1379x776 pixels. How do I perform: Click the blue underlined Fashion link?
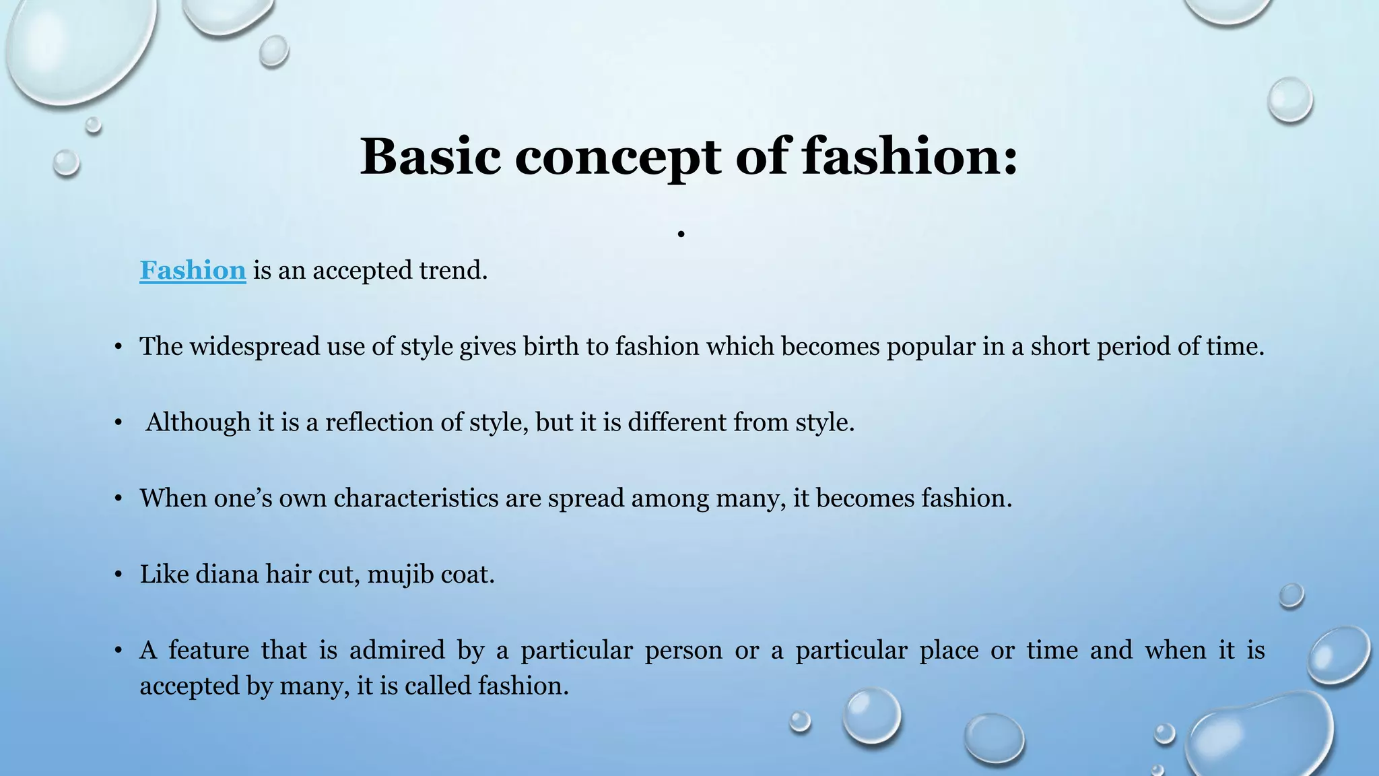click(193, 270)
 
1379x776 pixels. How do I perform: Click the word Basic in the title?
click(430, 156)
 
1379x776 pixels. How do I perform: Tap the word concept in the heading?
click(618, 158)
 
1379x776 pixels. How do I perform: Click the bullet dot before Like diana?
click(119, 575)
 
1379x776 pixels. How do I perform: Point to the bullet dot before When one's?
click(119, 498)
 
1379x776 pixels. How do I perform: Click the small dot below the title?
click(681, 234)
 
